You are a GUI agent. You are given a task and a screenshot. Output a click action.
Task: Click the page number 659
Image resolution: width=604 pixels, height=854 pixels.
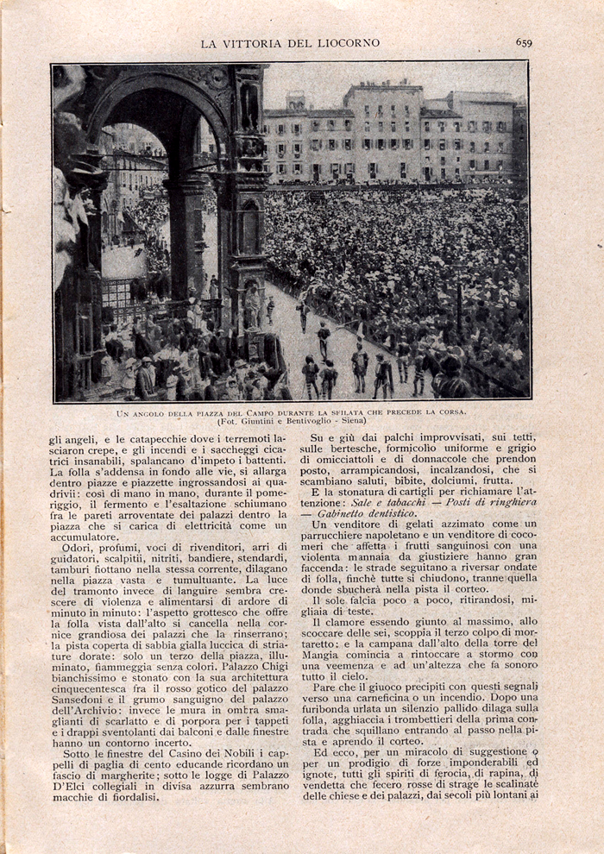click(524, 41)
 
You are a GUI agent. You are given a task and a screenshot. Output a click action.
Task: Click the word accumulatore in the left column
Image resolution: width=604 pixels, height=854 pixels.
click(85, 537)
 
